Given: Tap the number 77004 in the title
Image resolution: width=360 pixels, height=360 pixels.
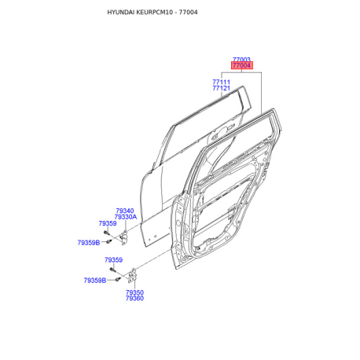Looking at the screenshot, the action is tap(189, 13).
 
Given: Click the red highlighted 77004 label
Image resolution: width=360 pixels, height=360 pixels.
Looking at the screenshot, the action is tap(242, 65).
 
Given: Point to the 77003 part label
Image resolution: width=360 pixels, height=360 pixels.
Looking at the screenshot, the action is tap(241, 60).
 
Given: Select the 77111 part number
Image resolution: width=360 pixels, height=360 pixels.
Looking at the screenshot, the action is tap(221, 82).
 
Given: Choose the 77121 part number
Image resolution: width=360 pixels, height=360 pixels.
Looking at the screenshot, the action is tap(221, 88).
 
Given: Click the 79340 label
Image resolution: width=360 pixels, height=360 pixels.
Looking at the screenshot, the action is tap(125, 211).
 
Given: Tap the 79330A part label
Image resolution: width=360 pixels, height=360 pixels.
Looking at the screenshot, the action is tap(126, 217).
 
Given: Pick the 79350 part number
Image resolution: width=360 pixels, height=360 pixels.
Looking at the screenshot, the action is tap(134, 292).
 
